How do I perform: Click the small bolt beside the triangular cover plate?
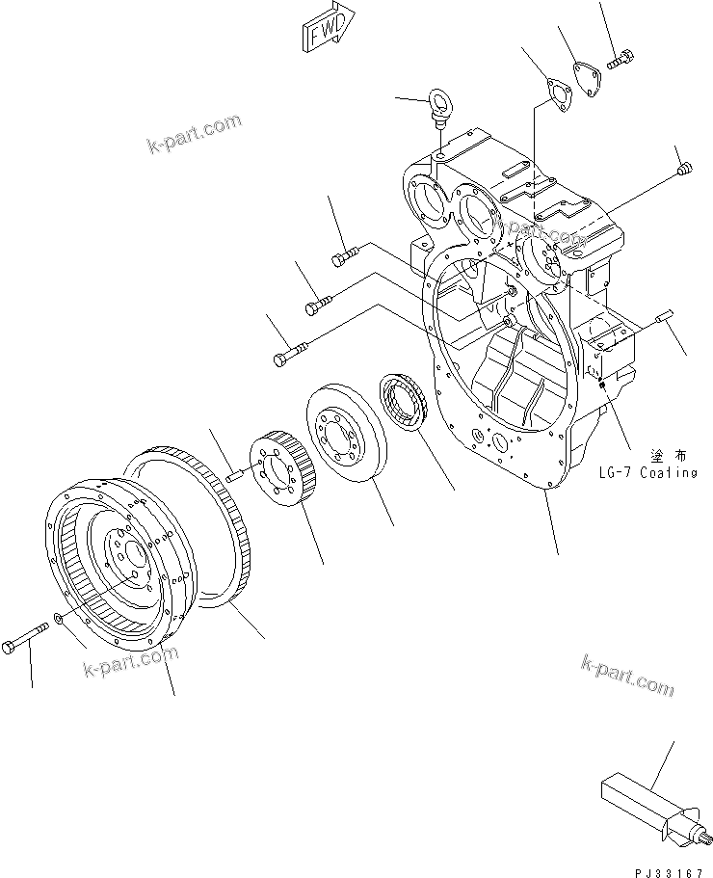point(617,60)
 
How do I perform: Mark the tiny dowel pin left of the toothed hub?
point(236,471)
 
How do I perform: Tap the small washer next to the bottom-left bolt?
point(61,617)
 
